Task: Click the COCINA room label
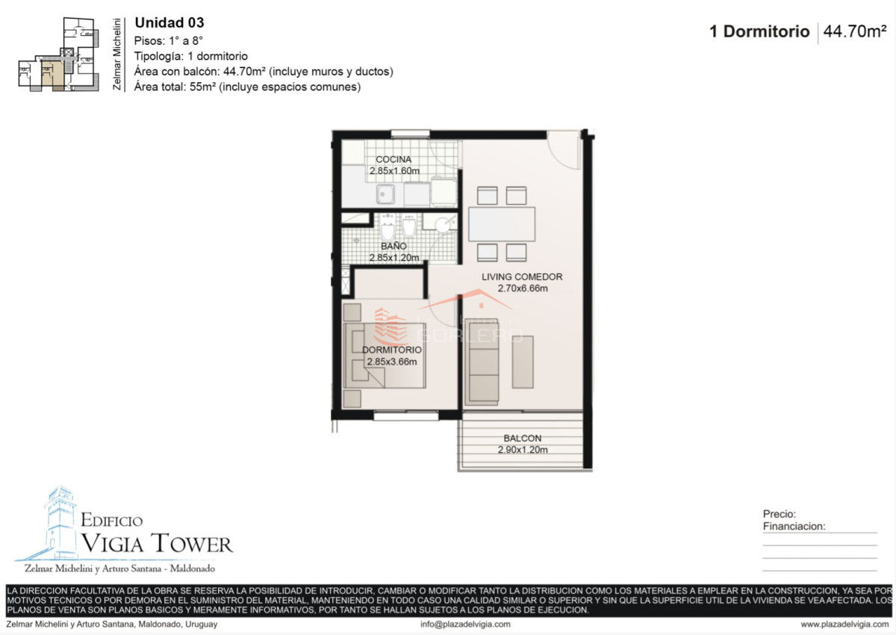[x=393, y=159]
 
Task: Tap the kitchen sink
[x=385, y=194]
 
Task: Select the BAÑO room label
[x=393, y=246]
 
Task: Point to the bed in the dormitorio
[x=385, y=356]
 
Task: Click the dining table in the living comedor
[x=502, y=223]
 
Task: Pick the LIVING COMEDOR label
[x=522, y=276]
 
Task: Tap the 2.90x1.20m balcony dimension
[x=523, y=450]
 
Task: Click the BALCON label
[x=523, y=438]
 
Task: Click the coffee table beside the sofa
[x=523, y=362]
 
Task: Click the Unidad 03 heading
[x=169, y=23]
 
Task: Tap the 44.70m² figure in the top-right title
[x=855, y=31]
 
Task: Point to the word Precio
[x=780, y=514]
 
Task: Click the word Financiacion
[x=794, y=526]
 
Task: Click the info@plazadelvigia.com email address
[x=465, y=625]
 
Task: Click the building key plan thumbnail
[x=59, y=55]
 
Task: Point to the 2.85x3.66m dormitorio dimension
[x=392, y=362]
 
